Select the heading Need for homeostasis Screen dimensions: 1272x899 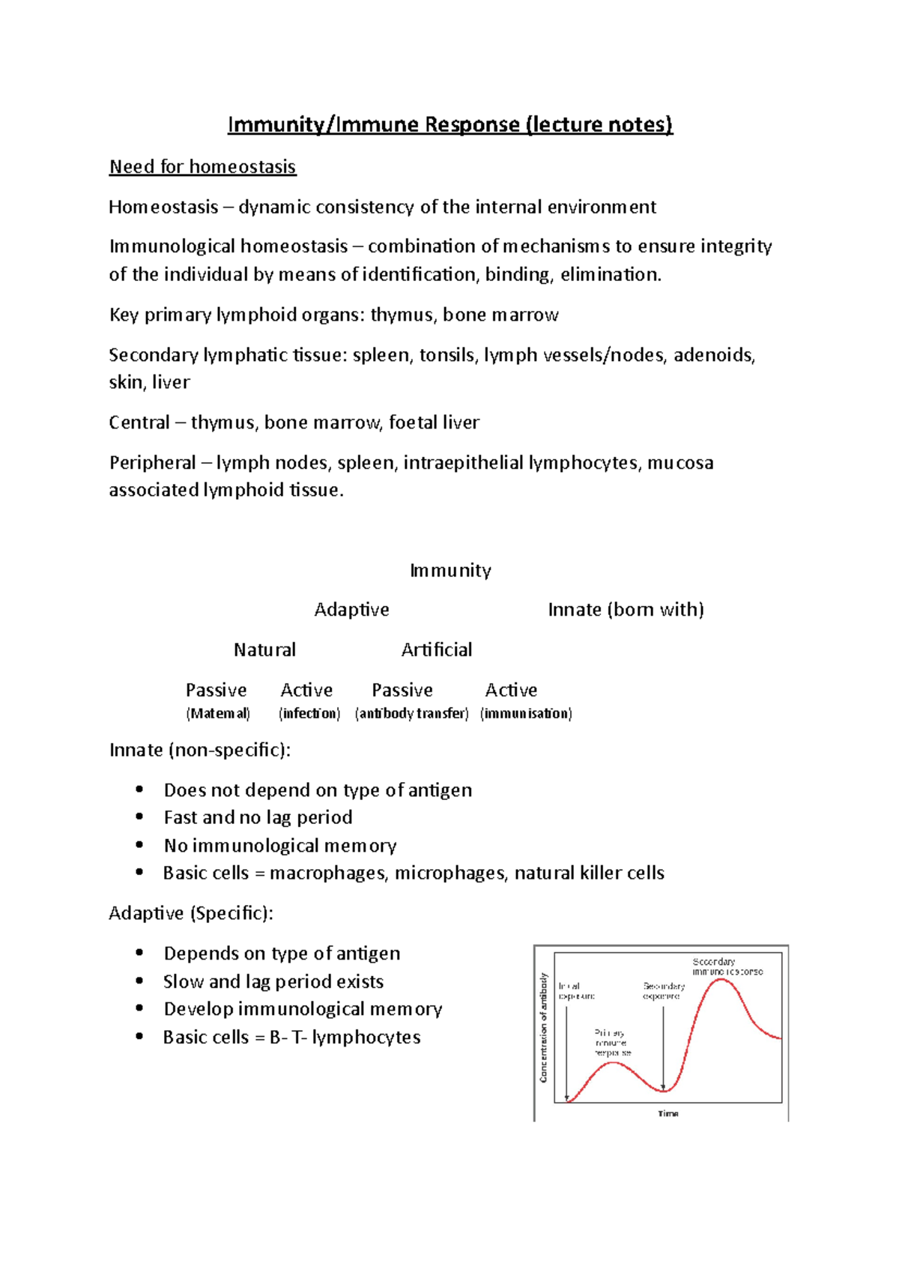coord(202,166)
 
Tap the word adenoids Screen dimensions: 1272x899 coord(713,354)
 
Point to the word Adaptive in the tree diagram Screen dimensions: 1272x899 coord(351,610)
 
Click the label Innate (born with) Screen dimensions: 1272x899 coord(626,610)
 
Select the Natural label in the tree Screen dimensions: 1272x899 coord(264,649)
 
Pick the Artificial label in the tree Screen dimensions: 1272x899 coord(436,649)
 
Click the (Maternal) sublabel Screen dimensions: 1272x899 coord(217,713)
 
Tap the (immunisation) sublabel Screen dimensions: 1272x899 coord(526,713)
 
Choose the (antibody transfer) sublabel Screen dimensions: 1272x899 coord(411,713)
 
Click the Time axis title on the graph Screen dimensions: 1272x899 coord(668,1114)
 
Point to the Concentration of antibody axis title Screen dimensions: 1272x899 coord(543,1027)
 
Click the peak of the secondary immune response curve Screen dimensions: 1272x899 coord(721,980)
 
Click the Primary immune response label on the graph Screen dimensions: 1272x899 coord(612,1043)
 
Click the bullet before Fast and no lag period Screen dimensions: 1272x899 coord(139,817)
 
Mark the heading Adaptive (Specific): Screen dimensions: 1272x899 coord(191,913)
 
